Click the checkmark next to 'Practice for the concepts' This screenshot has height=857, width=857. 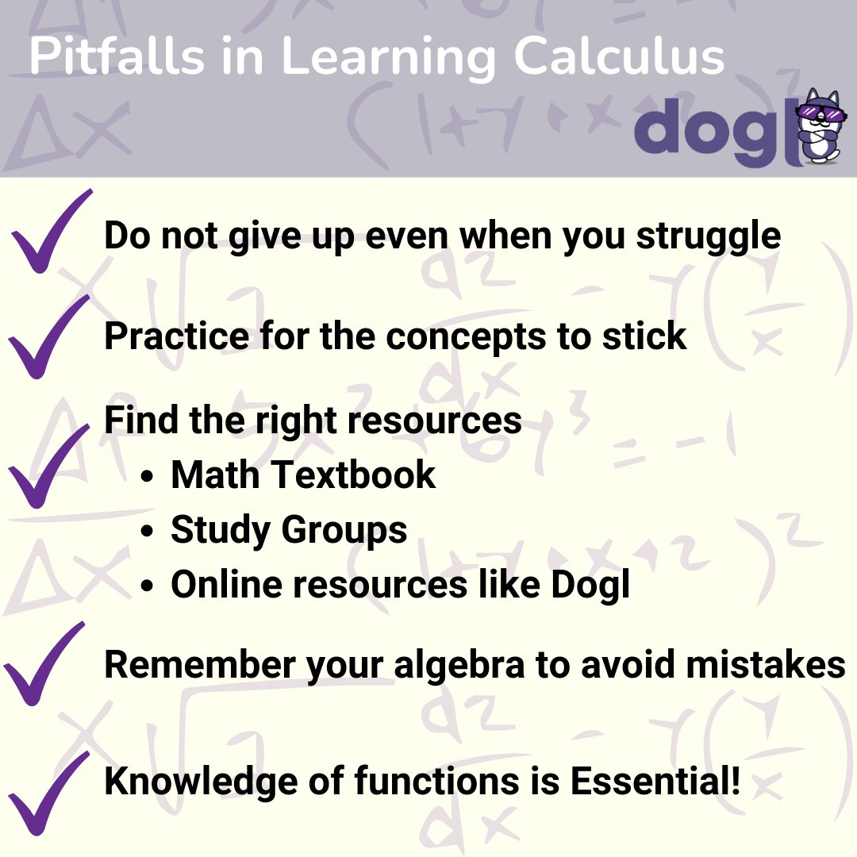(x=48, y=336)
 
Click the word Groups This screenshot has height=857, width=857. (x=348, y=531)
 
